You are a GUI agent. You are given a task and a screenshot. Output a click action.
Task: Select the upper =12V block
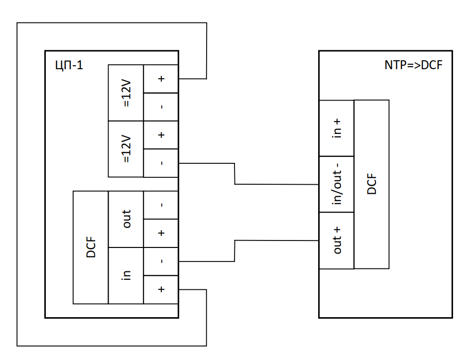126,93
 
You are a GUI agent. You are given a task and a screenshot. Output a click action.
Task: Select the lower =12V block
126,149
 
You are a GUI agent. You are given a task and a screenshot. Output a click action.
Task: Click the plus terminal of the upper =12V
161,79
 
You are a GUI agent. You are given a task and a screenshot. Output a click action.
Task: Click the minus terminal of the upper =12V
161,107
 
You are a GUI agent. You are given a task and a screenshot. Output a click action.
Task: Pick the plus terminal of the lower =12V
161,135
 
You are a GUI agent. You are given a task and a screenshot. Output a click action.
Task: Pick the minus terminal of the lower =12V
161,163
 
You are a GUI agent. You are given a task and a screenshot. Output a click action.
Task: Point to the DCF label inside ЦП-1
91,247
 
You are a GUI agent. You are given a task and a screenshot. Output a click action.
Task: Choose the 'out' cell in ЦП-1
126,219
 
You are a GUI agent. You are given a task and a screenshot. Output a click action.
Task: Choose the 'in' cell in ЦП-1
126,275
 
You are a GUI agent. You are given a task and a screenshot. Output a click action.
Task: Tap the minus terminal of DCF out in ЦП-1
161,205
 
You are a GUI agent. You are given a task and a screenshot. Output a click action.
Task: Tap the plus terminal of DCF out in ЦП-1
161,233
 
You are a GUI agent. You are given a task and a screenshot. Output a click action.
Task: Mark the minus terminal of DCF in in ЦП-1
161,261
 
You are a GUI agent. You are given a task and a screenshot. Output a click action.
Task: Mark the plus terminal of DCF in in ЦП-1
161,289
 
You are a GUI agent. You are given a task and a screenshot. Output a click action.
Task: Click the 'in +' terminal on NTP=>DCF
337,128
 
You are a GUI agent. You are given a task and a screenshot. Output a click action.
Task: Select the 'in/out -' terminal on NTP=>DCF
337,184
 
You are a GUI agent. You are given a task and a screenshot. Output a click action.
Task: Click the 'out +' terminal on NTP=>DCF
337,240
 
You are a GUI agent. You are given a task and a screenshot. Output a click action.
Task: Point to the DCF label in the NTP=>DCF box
371,184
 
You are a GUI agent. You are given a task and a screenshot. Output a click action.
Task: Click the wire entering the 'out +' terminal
277,240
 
